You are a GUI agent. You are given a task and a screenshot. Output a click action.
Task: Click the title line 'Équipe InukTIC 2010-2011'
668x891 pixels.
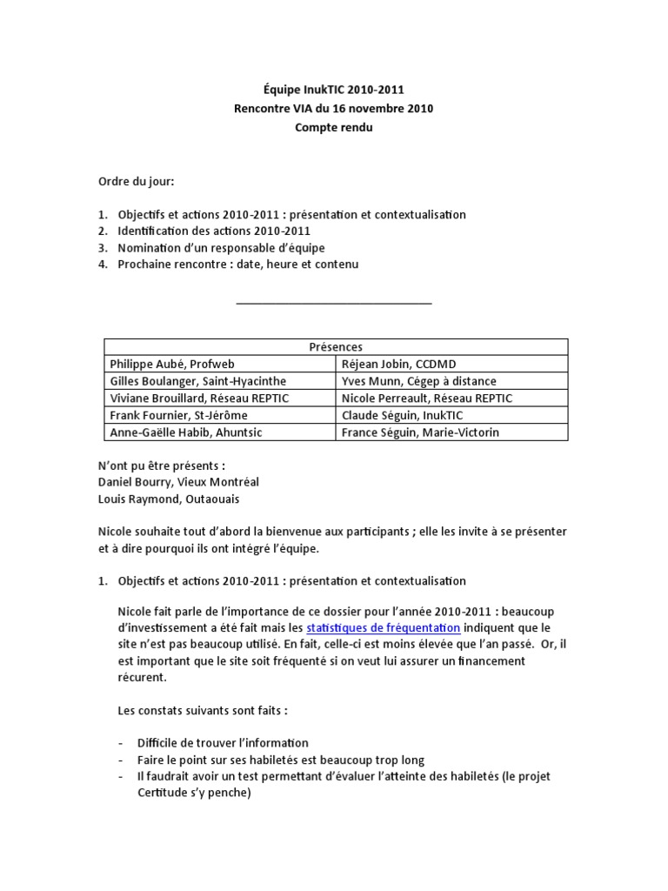point(334,90)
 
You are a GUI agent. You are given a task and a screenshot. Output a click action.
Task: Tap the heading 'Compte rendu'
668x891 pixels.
point(334,127)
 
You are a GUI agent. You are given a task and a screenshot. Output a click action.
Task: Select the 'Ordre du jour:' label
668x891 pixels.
point(136,181)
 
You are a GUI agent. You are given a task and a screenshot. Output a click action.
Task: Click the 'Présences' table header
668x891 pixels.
point(335,346)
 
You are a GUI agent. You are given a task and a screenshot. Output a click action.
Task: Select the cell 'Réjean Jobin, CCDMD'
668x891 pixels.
point(398,364)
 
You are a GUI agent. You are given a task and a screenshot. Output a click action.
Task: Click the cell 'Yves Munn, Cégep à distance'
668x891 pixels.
point(419,381)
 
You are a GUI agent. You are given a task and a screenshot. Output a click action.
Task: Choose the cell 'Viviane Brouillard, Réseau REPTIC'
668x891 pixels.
point(199,398)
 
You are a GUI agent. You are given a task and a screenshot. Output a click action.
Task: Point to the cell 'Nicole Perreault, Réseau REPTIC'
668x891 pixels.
point(427,398)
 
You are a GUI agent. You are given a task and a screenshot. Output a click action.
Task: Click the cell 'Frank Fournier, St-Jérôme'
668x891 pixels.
point(178,415)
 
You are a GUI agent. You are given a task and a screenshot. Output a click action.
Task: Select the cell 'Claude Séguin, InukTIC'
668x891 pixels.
point(401,415)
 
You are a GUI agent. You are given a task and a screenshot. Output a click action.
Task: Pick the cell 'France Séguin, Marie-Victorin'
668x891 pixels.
point(421,432)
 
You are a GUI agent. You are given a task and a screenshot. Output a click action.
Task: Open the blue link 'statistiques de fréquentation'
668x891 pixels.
point(384,627)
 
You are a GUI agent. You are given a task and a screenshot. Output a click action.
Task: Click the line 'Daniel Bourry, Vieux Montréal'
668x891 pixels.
point(178,482)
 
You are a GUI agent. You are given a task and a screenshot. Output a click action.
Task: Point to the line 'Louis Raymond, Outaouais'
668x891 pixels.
point(170,499)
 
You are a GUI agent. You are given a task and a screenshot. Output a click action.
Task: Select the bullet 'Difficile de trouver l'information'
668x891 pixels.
point(223,743)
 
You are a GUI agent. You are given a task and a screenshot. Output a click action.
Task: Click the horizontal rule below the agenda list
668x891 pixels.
point(334,304)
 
